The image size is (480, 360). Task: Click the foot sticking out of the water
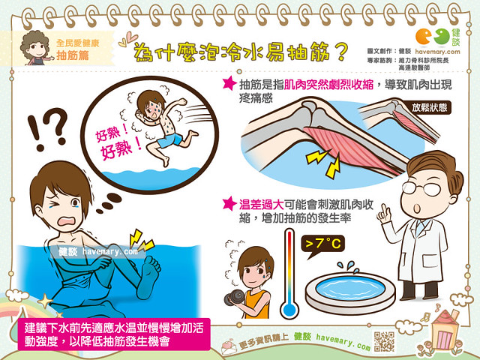pos(152,271)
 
